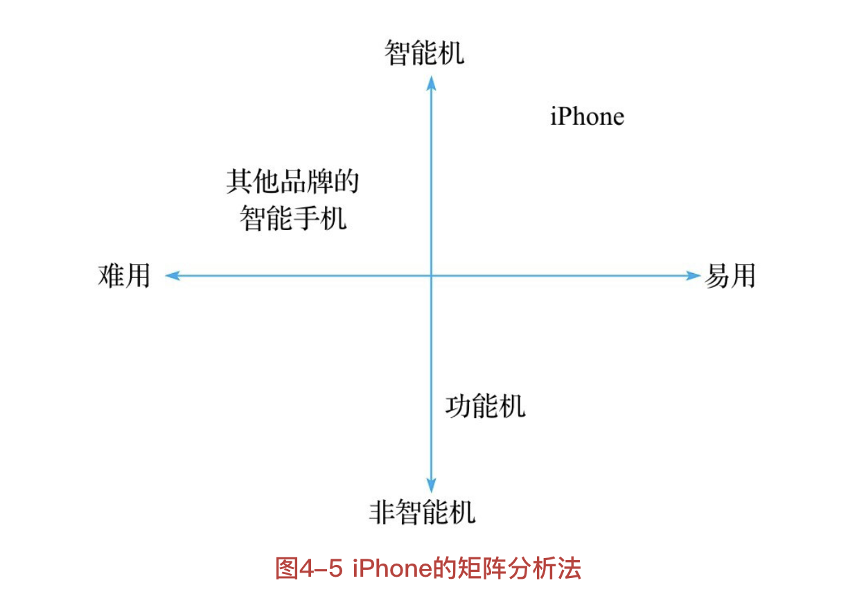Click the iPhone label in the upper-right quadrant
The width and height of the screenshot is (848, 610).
[587, 116]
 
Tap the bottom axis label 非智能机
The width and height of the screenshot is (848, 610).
[423, 513]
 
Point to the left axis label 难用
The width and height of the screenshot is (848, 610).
[124, 276]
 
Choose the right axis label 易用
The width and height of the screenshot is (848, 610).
[730, 276]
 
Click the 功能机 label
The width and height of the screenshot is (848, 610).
[485, 406]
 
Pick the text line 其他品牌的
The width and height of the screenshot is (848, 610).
[293, 182]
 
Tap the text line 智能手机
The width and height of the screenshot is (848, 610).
[293, 219]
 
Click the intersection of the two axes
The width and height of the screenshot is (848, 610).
[431, 276]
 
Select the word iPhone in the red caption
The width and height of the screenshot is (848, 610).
[391, 568]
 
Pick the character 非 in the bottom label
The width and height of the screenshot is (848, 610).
[382, 513]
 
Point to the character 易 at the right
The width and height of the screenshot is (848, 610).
[717, 276]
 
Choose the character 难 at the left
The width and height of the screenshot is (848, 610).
[111, 276]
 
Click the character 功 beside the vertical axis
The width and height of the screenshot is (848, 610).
[459, 406]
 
